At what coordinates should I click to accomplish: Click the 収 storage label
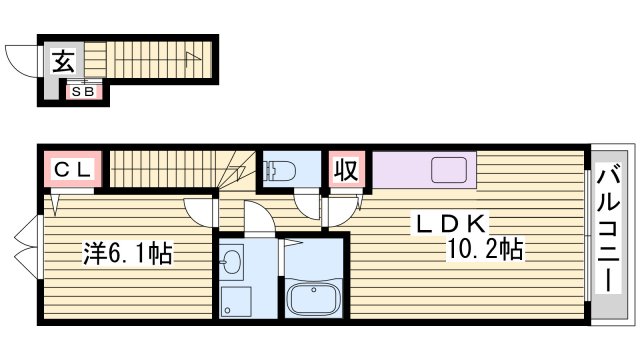346,168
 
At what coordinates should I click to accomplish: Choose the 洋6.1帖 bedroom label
127,254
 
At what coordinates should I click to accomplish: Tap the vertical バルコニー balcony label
607,229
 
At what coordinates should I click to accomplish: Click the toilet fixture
280,169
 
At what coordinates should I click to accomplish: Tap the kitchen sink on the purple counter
449,170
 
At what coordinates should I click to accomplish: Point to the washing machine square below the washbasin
236,301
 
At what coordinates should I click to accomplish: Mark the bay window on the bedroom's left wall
26,254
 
